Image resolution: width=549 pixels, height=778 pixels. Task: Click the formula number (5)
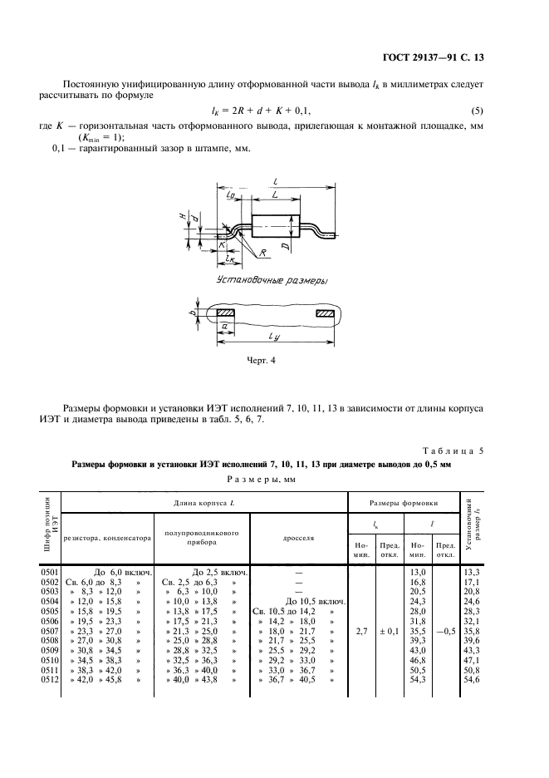coord(477,111)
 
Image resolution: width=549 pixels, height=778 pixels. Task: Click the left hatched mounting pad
coord(226,314)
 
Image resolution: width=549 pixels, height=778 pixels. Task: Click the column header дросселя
coord(298,537)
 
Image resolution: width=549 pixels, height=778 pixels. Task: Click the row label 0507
coord(51,631)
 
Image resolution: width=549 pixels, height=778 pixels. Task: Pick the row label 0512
coord(51,680)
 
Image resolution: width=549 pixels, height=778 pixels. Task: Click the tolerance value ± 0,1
coord(390,631)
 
